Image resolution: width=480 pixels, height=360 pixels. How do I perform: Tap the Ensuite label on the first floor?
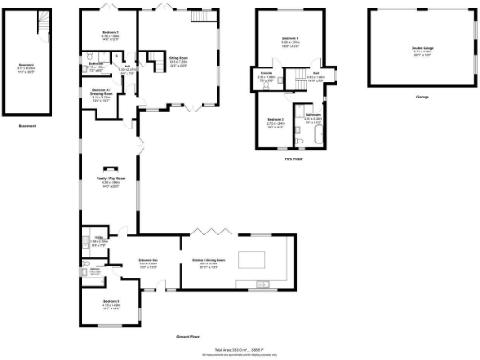coord(264,78)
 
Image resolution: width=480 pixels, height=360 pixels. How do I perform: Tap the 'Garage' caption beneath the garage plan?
coord(410,97)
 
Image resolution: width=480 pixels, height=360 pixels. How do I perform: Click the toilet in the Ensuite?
coord(255,86)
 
